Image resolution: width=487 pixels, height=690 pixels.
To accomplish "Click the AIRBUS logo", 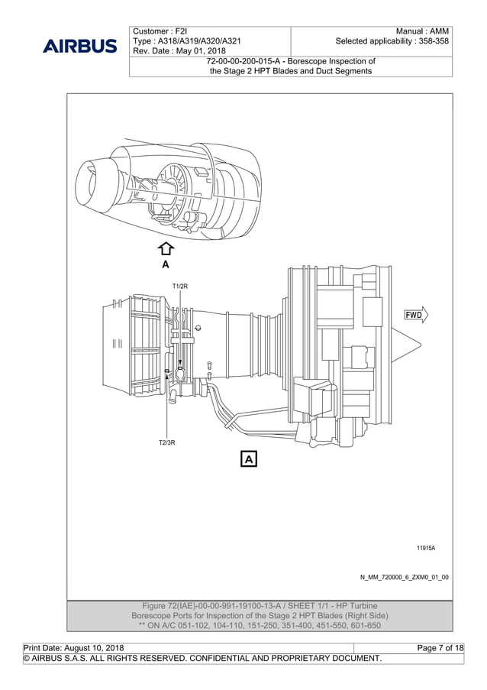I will click(80, 46).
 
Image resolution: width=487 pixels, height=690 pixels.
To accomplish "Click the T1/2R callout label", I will click(180, 286).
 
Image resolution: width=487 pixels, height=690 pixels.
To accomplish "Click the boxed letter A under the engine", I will click(249, 458).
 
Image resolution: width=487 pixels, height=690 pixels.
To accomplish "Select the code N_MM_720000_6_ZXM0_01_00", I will click(405, 577).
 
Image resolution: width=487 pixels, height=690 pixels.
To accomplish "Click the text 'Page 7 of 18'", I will click(440, 648).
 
